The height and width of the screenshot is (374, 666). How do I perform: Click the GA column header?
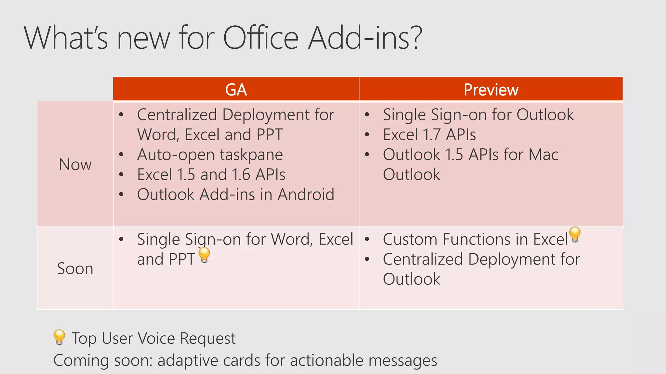pos(236,90)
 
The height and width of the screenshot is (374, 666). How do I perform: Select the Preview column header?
pos(491,90)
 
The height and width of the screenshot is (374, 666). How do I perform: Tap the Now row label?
pos(75,164)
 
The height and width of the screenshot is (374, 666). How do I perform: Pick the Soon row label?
pos(75,268)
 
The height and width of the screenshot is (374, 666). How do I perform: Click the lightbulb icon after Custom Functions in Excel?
pos(575,234)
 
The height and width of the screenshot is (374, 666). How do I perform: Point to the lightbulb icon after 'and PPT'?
pos(204,255)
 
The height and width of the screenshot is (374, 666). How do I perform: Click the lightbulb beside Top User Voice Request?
pos(59,337)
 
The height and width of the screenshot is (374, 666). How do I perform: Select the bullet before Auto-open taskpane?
pos(121,155)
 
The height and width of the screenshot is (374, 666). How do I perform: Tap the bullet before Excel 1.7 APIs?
pos(367,135)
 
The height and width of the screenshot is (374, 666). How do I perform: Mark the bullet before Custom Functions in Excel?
pos(367,240)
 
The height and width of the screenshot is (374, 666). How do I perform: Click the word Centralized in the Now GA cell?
pos(177,115)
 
